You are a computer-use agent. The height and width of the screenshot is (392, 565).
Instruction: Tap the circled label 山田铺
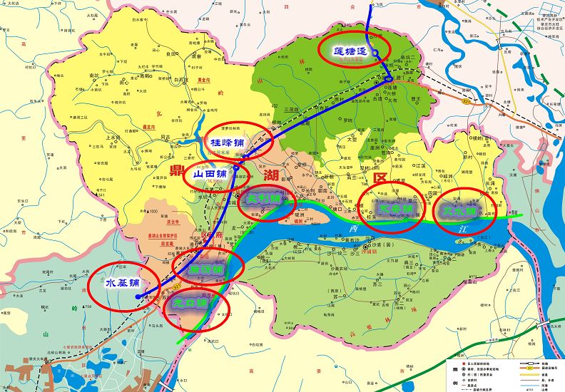(210, 173)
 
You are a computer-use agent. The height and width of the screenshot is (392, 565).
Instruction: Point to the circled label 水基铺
(123, 283)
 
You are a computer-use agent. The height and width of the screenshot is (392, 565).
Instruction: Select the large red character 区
(380, 177)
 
